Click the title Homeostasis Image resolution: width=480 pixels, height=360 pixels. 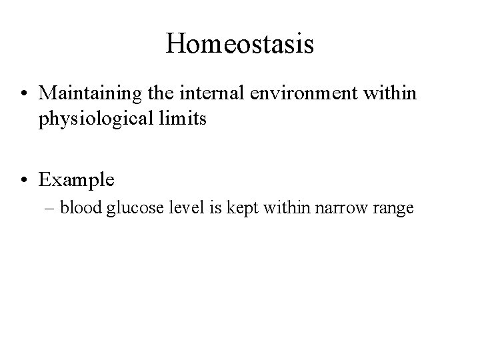click(x=240, y=44)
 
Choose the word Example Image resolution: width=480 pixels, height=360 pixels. click(x=77, y=179)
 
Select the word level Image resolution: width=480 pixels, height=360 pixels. click(x=179, y=208)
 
